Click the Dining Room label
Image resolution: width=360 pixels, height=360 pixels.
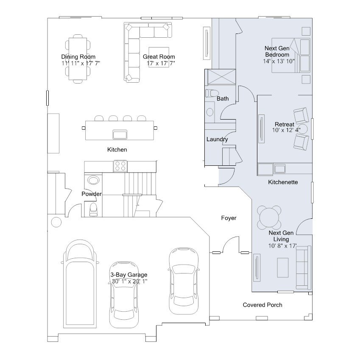click(78, 57)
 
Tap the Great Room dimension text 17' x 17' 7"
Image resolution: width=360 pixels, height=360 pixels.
click(161, 63)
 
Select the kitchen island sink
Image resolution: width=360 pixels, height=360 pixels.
click(120, 134)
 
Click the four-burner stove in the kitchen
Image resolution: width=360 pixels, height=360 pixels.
click(120, 166)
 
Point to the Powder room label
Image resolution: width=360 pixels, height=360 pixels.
click(92, 194)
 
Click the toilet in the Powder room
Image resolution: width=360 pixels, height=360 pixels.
click(93, 209)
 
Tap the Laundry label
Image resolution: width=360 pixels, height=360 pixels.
click(217, 140)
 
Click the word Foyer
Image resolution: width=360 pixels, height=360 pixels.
click(229, 218)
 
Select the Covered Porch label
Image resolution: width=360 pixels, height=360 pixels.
click(262, 305)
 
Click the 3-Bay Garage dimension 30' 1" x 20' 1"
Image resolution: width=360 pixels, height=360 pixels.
click(129, 281)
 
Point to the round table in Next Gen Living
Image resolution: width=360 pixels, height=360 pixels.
click(269, 218)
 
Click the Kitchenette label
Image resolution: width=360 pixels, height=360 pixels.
click(283, 182)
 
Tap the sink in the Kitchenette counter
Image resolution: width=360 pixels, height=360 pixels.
click(279, 169)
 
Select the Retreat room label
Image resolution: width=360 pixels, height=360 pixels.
click(285, 124)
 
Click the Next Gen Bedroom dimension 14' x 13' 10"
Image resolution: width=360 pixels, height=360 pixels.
click(279, 61)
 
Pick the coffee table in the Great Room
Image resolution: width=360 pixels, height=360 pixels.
click(159, 57)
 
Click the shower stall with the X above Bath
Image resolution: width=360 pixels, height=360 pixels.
click(222, 77)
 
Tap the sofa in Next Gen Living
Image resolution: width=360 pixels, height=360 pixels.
click(304, 268)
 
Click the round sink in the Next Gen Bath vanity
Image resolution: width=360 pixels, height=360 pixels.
click(209, 112)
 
